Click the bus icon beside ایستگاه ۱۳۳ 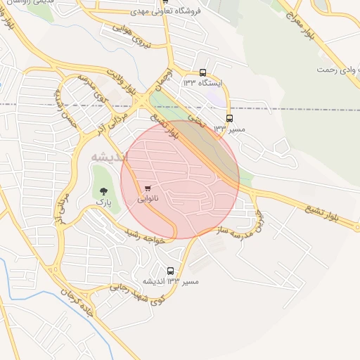203,72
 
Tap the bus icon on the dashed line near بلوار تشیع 229,118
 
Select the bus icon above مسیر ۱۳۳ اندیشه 170,271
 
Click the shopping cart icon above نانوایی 148,188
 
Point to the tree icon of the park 104,191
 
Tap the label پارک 104,202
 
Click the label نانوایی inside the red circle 147,199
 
